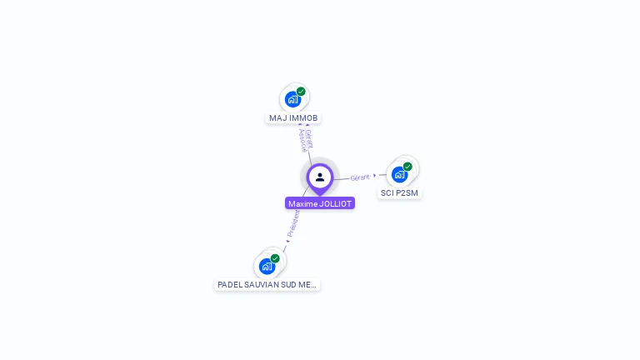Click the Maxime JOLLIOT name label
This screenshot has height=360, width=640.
point(320,203)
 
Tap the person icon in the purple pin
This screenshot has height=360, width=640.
point(320,177)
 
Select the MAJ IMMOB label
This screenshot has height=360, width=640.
point(293,118)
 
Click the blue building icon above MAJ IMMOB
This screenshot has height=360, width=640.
point(292,100)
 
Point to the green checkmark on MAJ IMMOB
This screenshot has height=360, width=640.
point(301,92)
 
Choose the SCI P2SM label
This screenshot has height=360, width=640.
point(399,193)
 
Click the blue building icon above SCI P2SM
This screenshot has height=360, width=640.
point(399,175)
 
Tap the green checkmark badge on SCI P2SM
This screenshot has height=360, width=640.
point(407,167)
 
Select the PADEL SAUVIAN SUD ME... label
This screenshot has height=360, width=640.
point(267,285)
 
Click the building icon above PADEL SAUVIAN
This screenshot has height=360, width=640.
point(267,267)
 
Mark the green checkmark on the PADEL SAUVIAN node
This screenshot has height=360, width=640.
point(275,258)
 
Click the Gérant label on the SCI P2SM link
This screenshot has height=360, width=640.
point(360,177)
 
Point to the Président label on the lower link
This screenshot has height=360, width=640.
point(293,223)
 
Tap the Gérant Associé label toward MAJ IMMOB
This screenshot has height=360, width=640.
point(306,139)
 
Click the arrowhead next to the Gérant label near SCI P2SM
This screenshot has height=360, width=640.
point(375,176)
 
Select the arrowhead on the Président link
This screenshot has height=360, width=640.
point(287,242)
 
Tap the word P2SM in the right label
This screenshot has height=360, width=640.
point(407,193)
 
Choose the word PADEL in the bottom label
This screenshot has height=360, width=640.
point(229,285)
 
